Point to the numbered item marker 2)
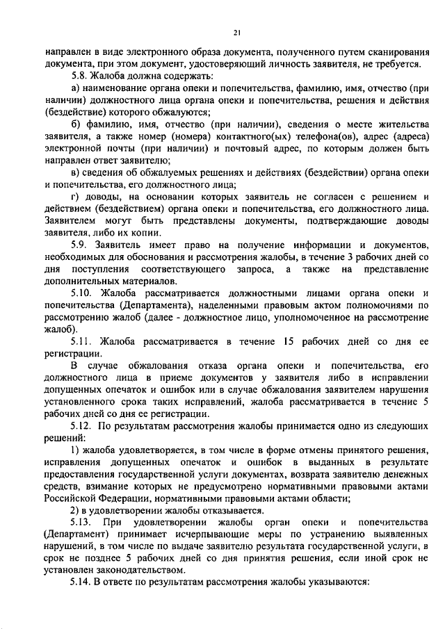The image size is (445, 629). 76,509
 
